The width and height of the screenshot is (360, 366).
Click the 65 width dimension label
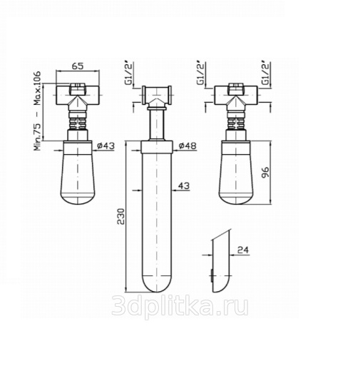[78, 66]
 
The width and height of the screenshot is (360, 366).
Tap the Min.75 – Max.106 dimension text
[37, 111]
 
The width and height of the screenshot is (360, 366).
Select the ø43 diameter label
[106, 146]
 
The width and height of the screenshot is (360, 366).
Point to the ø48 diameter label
[187, 146]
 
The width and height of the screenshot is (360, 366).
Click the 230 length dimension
[121, 216]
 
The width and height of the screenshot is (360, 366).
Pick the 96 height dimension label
[265, 172]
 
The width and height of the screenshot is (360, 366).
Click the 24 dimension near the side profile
[242, 250]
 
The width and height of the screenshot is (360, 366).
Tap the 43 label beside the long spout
[184, 185]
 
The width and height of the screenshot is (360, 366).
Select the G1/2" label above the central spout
[129, 73]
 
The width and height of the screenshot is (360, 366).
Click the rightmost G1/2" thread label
[266, 73]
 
